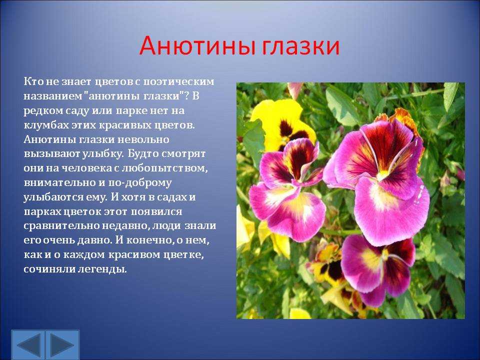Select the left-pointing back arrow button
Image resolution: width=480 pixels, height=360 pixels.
[x=28, y=344]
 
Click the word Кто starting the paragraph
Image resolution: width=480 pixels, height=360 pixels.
[x=32, y=81]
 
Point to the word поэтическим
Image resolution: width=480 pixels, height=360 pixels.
[x=179, y=82]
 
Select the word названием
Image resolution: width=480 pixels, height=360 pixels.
[x=52, y=96]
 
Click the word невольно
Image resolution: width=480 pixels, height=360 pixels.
[x=143, y=139]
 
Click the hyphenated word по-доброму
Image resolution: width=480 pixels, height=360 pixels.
[x=139, y=183]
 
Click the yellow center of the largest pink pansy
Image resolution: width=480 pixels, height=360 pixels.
[x=382, y=175]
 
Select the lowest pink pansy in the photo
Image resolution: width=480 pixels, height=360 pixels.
[x=378, y=270]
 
